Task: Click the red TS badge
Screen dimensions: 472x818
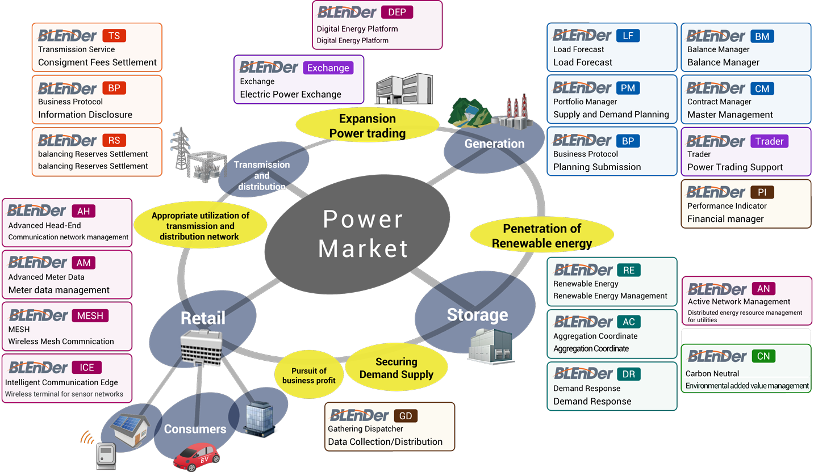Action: [114, 36]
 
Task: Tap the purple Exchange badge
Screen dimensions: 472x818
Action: [328, 68]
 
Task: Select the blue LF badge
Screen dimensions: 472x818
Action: [628, 36]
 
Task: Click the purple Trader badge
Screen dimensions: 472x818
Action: [769, 141]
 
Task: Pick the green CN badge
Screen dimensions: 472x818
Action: [763, 356]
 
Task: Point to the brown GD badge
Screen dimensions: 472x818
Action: [406, 416]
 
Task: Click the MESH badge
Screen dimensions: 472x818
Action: [90, 315]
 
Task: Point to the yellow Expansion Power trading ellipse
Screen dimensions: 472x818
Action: [368, 126]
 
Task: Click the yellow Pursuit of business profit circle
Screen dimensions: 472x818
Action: [310, 376]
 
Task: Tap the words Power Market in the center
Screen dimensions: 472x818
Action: [364, 233]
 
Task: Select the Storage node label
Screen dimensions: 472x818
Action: [477, 314]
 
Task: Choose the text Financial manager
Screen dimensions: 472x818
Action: [725, 219]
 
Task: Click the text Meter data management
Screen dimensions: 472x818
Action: [59, 290]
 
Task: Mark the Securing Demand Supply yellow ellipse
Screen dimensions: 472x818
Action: [396, 368]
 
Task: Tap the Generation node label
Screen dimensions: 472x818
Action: [494, 144]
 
